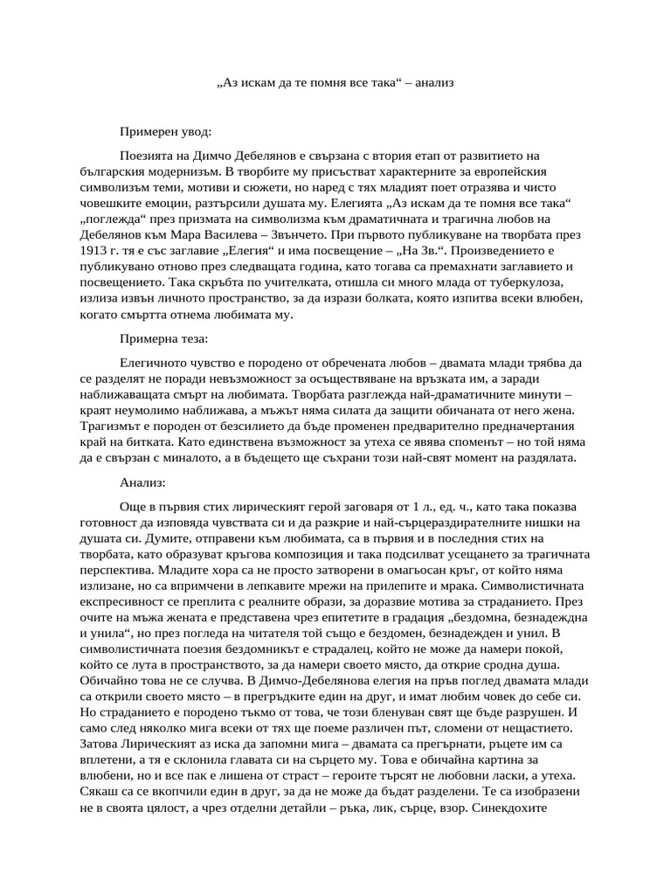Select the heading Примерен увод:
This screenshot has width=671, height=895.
(165, 132)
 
